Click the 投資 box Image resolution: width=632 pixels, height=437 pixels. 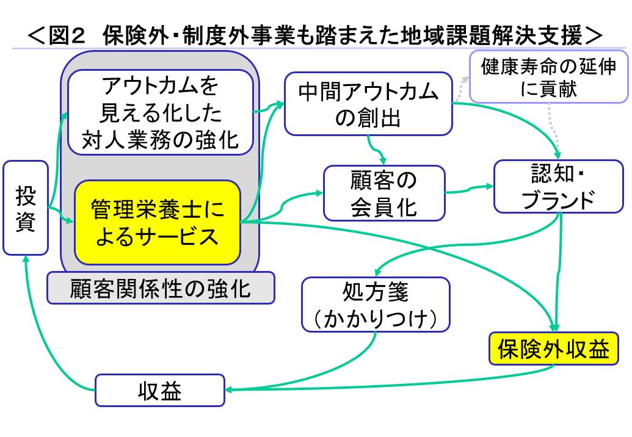[26, 208]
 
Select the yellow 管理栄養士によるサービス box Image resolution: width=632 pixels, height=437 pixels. [158, 222]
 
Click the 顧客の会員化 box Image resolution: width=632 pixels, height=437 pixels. [384, 193]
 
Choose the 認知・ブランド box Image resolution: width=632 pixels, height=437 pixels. [558, 186]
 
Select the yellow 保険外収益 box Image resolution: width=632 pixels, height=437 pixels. [553, 349]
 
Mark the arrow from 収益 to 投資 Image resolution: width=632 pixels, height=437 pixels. [43, 330]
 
